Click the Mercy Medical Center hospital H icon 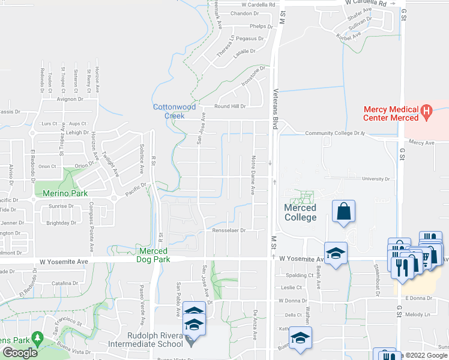[x=426, y=110]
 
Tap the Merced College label [x=300, y=212]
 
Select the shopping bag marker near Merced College [x=343, y=212]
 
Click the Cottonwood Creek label [x=174, y=111]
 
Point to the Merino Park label [x=65, y=193]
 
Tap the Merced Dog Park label [x=153, y=255]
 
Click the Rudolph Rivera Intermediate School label [x=145, y=340]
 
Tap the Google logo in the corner [x=20, y=352]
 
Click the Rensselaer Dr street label [x=226, y=230]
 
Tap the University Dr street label [x=377, y=179]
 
